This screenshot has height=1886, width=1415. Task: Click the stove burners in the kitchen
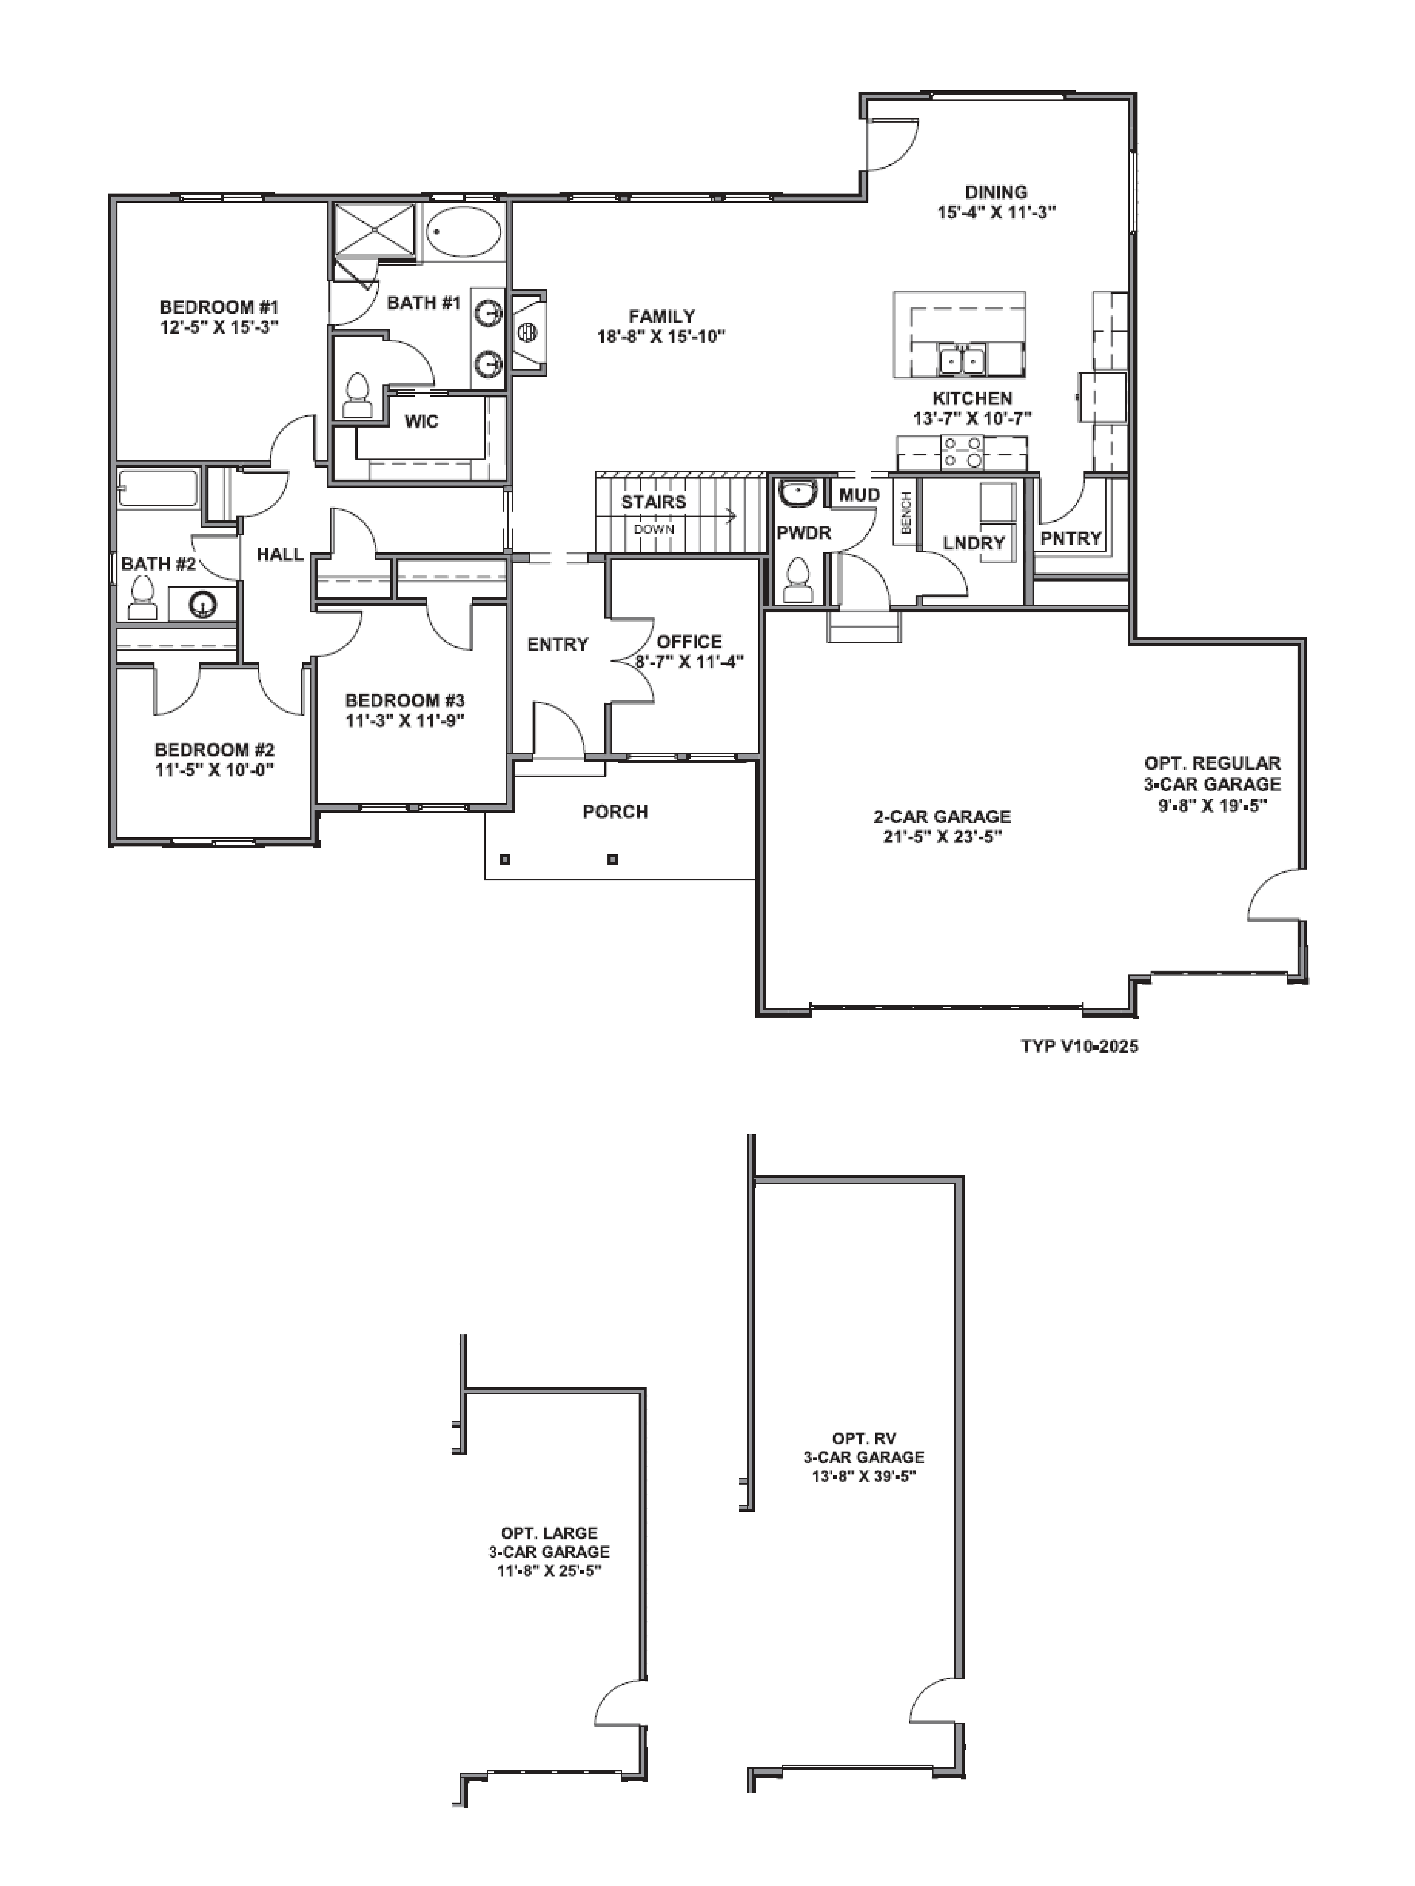961,452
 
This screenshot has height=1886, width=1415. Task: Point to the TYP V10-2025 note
1079,1046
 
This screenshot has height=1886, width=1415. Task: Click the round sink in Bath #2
202,605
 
